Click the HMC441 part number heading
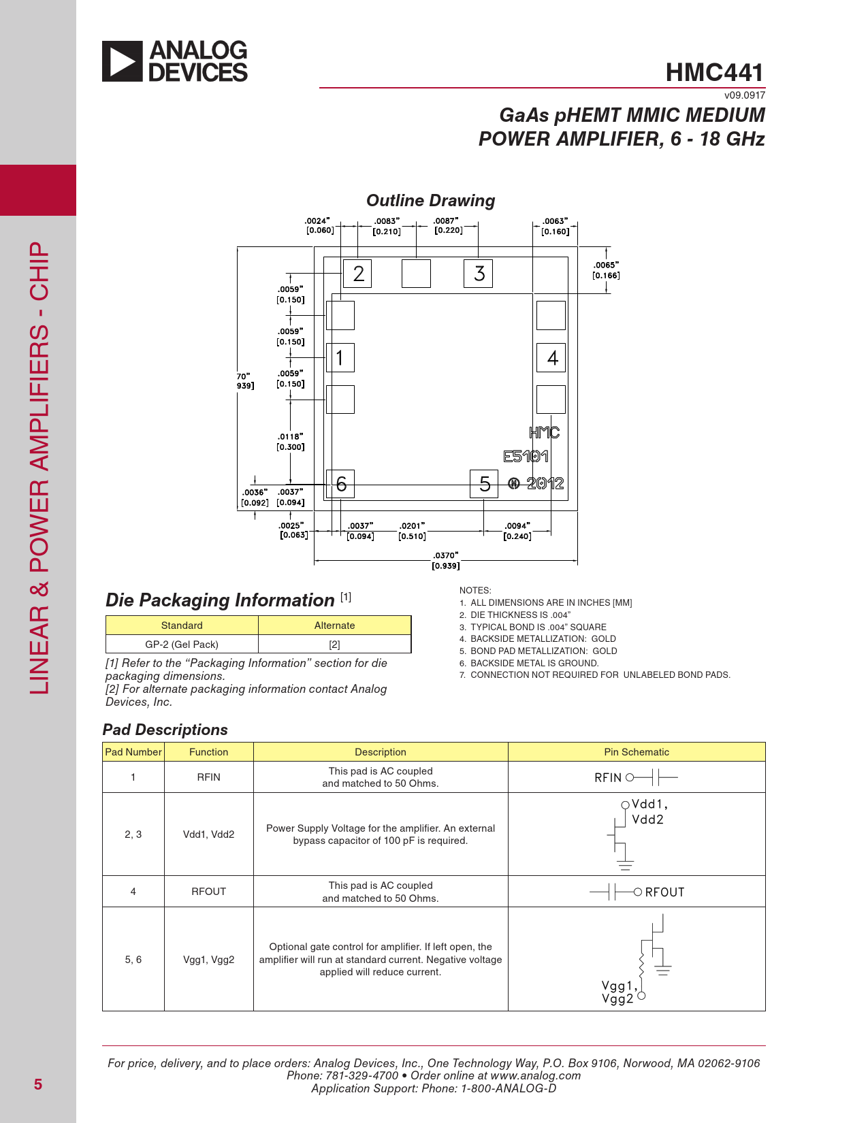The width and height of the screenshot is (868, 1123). (714, 72)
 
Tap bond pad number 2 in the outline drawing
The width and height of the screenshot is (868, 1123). (357, 274)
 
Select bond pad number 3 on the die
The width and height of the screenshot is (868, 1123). (479, 274)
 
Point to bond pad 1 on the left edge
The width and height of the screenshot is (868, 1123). (340, 357)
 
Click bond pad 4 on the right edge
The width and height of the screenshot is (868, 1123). (551, 357)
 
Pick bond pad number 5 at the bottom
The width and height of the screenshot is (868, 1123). (484, 484)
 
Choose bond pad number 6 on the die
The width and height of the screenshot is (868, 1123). (340, 484)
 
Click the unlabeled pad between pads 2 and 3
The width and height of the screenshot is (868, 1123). (416, 274)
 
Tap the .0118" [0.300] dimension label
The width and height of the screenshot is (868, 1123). (291, 442)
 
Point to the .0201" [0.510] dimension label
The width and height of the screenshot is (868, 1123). (412, 531)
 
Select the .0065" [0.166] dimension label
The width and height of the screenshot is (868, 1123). (606, 270)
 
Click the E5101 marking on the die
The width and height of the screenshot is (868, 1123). (526, 457)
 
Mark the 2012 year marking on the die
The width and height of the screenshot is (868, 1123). (545, 483)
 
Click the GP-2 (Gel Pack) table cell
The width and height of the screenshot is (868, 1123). (182, 644)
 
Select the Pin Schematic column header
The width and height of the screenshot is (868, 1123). (637, 752)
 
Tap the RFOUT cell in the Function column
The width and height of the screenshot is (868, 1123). (208, 892)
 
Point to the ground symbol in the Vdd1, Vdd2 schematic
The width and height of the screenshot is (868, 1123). (626, 866)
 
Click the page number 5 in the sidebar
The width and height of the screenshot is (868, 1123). (38, 1084)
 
